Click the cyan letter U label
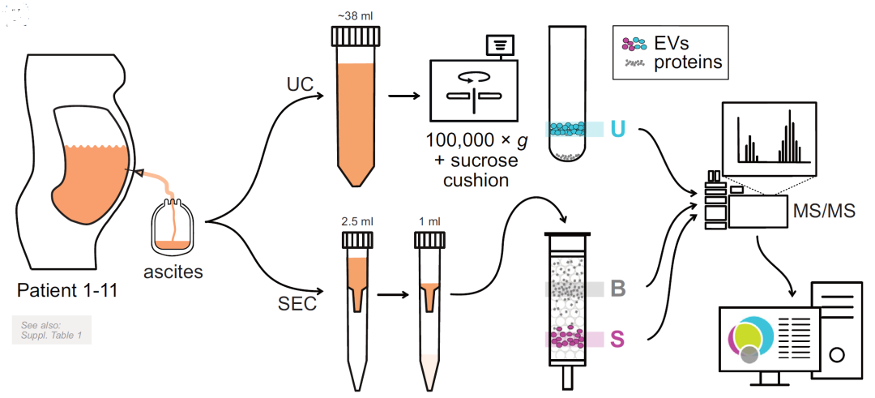pos(618,129)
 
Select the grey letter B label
pos(617,289)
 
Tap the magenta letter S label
pos(617,339)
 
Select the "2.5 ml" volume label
pos(356,220)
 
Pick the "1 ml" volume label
pos(427,220)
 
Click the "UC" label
pos(299,85)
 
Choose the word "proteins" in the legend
pos(687,62)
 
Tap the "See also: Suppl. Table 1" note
pos(51,330)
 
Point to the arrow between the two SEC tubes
pos(392,293)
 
